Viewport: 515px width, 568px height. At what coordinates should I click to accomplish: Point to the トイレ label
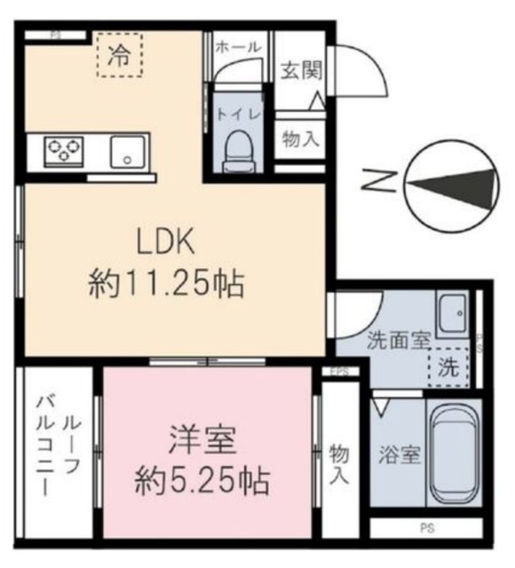point(236,113)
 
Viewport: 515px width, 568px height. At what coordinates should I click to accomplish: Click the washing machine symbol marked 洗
point(451,368)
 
